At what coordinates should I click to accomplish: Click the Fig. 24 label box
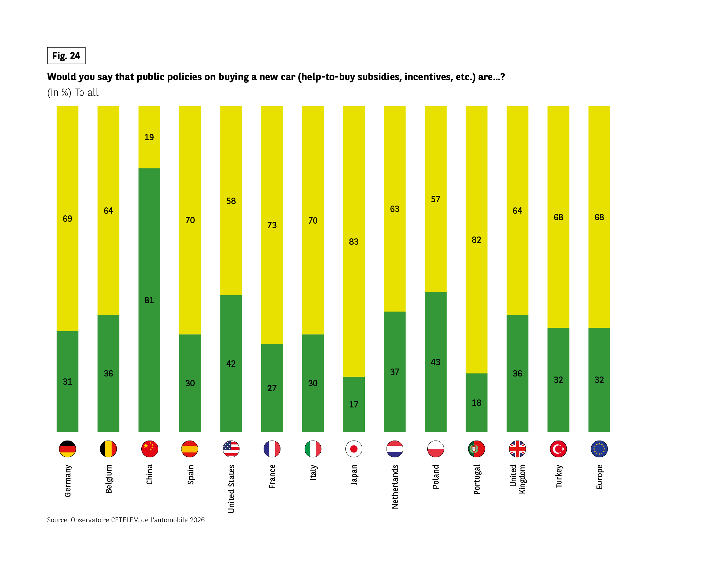point(66,56)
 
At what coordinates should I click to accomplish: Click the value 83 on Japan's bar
point(354,242)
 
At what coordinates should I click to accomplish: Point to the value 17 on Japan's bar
point(354,404)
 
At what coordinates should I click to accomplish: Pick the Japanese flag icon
point(354,449)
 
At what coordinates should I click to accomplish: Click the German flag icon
point(67,449)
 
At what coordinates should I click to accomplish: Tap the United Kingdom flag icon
point(517,449)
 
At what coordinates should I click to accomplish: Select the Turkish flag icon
point(558,449)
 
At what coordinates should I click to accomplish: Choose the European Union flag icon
point(599,449)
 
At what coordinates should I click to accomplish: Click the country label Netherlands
point(395,487)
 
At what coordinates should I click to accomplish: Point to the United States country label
point(231,489)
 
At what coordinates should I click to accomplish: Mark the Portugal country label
point(477,479)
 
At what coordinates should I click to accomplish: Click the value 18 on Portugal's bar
point(477,403)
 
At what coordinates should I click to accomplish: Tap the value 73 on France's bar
point(272,225)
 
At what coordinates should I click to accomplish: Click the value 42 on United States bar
point(231,364)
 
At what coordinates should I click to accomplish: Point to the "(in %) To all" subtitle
point(73,92)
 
